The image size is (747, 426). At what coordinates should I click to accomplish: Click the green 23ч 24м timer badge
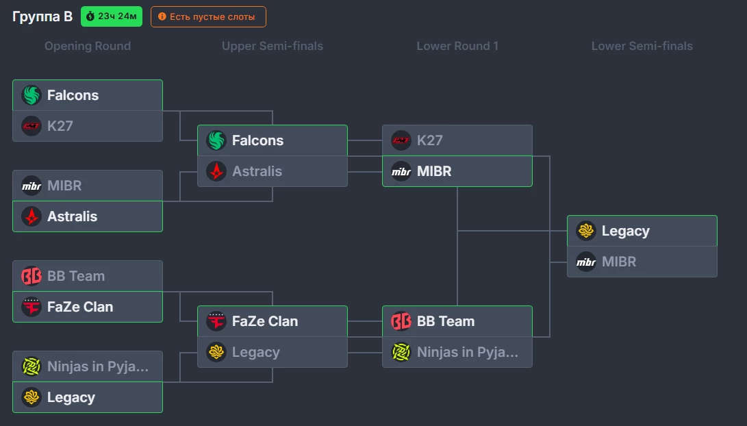pos(112,16)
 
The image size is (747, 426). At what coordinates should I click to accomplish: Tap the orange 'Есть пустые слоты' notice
pos(208,16)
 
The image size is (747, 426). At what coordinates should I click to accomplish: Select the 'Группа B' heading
pos(42,16)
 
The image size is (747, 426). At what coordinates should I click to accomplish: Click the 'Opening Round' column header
pos(88,46)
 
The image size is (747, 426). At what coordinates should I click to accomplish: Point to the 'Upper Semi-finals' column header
pos(273,46)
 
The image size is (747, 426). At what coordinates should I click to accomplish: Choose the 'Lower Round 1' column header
pos(457,46)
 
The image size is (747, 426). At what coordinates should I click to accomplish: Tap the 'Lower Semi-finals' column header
pos(642,46)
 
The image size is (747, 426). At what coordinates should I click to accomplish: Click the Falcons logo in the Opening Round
pos(31,95)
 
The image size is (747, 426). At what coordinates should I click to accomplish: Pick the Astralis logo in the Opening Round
pos(31,216)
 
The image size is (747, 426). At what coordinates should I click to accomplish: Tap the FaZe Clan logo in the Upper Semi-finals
pos(216,321)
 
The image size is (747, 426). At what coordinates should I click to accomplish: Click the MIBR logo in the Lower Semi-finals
pos(586,262)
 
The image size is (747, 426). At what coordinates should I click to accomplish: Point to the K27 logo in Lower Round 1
pos(401,140)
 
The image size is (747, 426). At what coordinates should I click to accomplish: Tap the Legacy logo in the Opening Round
pos(31,397)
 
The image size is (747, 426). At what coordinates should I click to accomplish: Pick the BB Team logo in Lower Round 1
pos(401,321)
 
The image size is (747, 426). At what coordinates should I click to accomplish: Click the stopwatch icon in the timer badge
pos(90,16)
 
